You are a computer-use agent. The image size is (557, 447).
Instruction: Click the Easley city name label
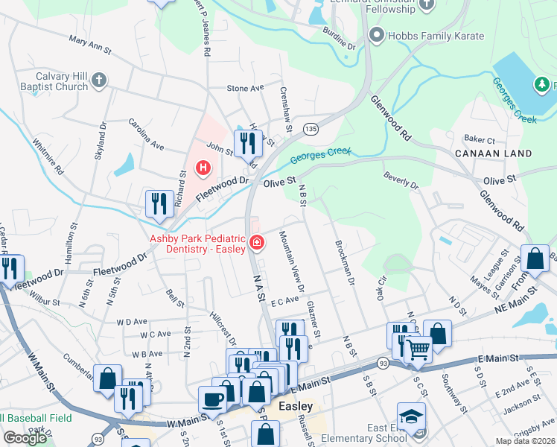(294, 407)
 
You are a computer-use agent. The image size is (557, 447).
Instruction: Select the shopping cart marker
(418, 347)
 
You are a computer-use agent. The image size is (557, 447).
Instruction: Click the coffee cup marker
(213, 398)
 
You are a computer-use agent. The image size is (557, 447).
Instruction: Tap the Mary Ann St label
(89, 45)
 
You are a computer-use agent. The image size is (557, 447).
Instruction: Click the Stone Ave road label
(246, 88)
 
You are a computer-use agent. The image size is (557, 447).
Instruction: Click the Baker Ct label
(480, 139)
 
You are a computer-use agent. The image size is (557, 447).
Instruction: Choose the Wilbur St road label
(45, 302)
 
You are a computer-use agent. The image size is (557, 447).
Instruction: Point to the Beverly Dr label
(401, 180)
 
